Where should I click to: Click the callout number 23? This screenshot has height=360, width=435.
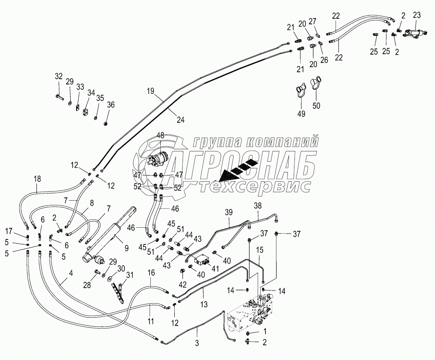click(x=417, y=16)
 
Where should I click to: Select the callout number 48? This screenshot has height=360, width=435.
click(x=160, y=135)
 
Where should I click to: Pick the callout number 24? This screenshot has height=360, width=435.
click(x=180, y=121)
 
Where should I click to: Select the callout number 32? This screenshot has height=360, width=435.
click(x=58, y=76)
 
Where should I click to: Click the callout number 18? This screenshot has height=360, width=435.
click(x=37, y=179)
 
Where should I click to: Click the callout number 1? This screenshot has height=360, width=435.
click(x=265, y=332)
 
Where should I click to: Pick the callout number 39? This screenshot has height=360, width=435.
click(x=229, y=212)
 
